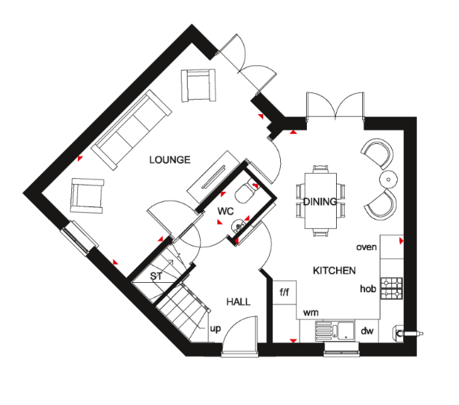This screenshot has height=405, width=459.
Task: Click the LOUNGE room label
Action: pyautogui.click(x=169, y=160)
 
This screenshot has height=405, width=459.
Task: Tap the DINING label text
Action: pyautogui.click(x=320, y=201)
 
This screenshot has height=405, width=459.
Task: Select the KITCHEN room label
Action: pyautogui.click(x=335, y=270)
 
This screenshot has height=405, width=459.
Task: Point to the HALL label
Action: pyautogui.click(x=239, y=302)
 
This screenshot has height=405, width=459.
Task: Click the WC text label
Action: pyautogui.click(x=225, y=211)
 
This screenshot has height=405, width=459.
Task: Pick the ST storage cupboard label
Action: pyautogui.click(x=156, y=276)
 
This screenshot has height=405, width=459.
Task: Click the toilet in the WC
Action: pyautogui.click(x=246, y=192)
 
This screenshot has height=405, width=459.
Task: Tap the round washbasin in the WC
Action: pyautogui.click(x=239, y=226)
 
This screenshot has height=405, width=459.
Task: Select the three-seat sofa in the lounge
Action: pyautogui.click(x=132, y=129)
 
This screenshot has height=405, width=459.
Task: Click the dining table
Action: pyautogui.click(x=321, y=201)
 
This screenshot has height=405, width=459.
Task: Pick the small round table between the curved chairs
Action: pyautogui.click(x=388, y=180)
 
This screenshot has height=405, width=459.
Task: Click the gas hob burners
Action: pyautogui.click(x=391, y=288)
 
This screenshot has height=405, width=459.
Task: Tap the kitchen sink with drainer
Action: pyautogui.click(x=335, y=331)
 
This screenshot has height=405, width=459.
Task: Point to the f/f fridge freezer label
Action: pyautogui.click(x=284, y=292)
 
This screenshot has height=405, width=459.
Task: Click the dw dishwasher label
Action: pyautogui.click(x=367, y=331)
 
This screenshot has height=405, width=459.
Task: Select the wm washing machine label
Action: pyautogui.click(x=311, y=313)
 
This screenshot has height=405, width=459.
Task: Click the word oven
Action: pyautogui.click(x=367, y=247)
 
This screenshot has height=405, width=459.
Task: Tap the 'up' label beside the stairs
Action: pyautogui.click(x=215, y=329)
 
